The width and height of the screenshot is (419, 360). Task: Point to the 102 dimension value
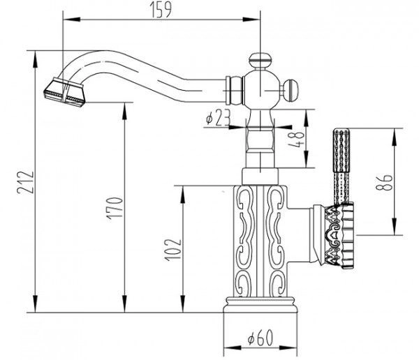click(175, 247)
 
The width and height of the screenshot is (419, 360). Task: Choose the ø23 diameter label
click(219, 119)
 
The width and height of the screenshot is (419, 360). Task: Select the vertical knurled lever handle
click(340, 165)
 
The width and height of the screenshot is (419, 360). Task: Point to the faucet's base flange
click(260, 318)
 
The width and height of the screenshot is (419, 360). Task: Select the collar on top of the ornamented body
click(260, 177)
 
